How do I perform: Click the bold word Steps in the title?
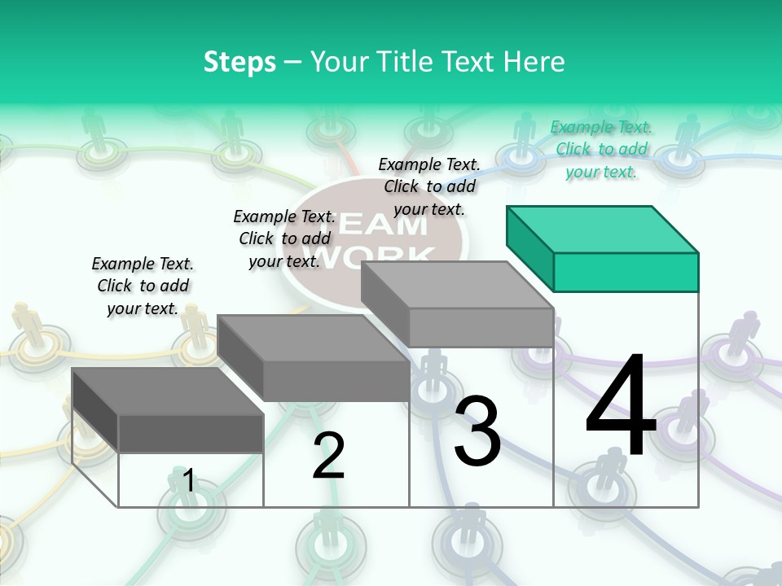(x=239, y=62)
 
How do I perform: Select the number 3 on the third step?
(x=477, y=431)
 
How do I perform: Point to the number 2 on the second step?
(x=328, y=456)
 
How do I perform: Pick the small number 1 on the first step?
(x=189, y=481)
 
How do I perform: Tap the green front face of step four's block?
(x=626, y=272)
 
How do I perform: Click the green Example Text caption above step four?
(x=601, y=149)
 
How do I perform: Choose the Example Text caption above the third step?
(x=429, y=186)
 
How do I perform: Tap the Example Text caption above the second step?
(x=284, y=238)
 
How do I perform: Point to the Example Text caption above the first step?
(x=143, y=286)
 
